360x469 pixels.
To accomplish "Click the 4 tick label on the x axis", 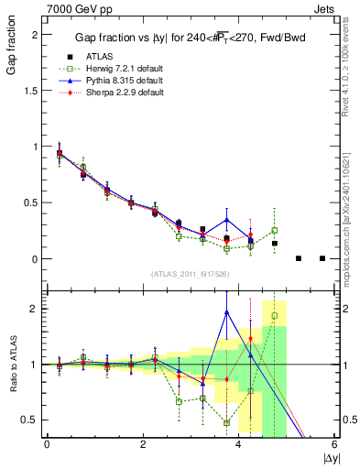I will [239, 444].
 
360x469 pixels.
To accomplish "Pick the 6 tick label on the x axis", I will [334, 444].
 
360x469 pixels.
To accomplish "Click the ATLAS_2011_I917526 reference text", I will [191, 274].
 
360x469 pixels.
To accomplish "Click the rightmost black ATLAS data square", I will [322, 258].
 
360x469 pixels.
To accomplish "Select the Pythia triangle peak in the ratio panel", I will [226, 312].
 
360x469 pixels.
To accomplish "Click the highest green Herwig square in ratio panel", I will [274, 315].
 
